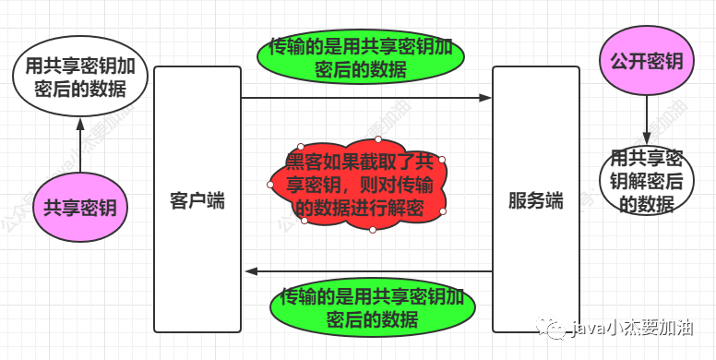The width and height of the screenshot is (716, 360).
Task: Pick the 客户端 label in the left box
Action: tap(197, 201)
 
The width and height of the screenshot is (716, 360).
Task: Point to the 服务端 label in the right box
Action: tap(535, 201)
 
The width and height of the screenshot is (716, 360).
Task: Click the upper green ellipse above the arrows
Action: tap(360, 56)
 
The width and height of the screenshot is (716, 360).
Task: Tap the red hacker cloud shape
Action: tap(360, 185)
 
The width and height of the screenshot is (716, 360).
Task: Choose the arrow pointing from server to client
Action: tap(369, 271)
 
